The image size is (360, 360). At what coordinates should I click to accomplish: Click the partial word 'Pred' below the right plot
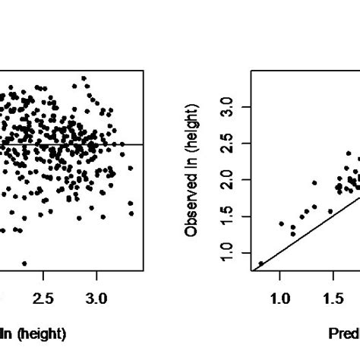pyautogui.click(x=343, y=333)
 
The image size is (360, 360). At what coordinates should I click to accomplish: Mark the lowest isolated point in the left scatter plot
pyautogui.click(x=24, y=263)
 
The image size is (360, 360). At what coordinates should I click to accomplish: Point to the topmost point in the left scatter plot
pyautogui.click(x=84, y=78)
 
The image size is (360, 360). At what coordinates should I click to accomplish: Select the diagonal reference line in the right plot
pyautogui.click(x=304, y=231)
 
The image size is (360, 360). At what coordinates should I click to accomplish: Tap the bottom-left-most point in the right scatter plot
pyautogui.click(x=261, y=264)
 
